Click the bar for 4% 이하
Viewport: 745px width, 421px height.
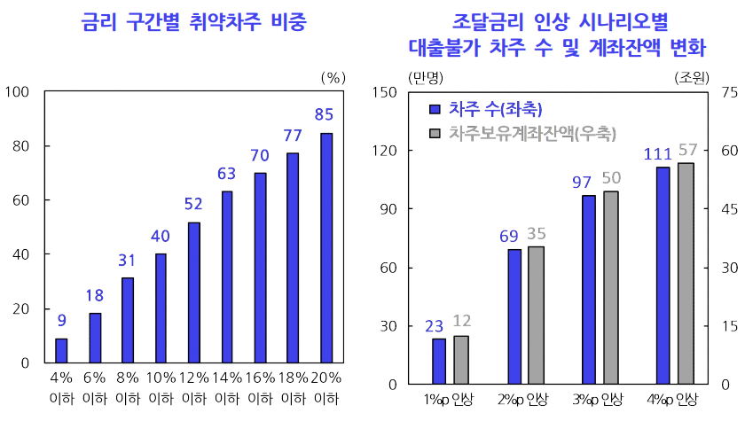(x=61, y=351)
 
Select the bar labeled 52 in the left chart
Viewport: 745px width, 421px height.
(x=193, y=292)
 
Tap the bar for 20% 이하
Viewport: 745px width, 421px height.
(x=326, y=248)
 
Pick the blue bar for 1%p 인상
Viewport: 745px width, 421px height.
(x=439, y=362)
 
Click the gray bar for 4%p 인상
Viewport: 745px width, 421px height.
(x=686, y=273)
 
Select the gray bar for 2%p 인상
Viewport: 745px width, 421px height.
(x=536, y=316)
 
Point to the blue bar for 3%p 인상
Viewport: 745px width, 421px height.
(x=589, y=290)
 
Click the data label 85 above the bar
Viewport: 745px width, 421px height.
(x=325, y=114)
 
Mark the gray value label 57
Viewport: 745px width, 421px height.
(x=687, y=149)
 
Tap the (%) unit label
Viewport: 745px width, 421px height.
(x=332, y=76)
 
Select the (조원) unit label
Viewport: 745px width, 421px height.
(x=692, y=76)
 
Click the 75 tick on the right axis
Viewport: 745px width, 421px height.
(x=731, y=92)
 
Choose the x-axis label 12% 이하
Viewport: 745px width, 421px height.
(x=193, y=388)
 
